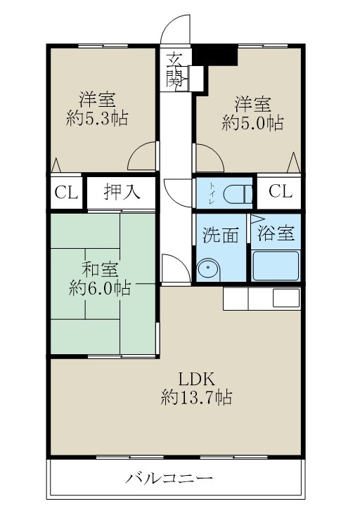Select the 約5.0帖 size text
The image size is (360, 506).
pos(252,123)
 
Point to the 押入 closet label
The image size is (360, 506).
pos(122,192)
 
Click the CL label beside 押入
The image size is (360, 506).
pos(67,193)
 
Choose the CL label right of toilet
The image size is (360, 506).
pos(279,191)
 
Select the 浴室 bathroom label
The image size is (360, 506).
pos(276,234)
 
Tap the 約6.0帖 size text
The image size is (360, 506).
pos(99,288)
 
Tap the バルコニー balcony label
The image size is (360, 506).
pos(169,480)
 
